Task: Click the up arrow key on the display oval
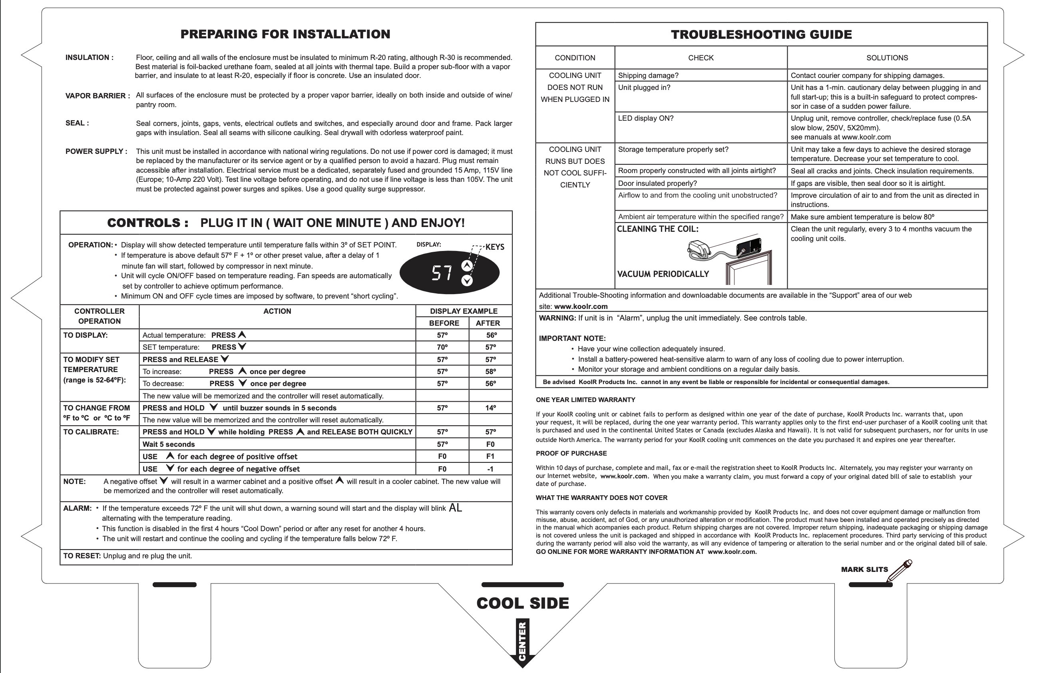coord(467,266)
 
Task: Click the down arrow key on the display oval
coord(467,280)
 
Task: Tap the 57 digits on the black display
coord(442,273)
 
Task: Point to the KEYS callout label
coord(495,247)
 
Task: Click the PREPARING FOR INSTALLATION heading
coord(285,34)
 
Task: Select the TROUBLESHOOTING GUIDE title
coord(761,34)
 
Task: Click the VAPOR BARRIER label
coord(98,96)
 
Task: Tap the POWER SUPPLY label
coord(96,151)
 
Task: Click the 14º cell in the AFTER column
coord(490,408)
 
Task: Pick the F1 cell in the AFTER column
coord(490,456)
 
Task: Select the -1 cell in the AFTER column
coord(490,469)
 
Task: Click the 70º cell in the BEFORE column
coord(442,347)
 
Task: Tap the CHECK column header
coord(701,58)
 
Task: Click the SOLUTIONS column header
coord(887,58)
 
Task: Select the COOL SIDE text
coord(523,603)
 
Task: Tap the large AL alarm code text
coord(455,508)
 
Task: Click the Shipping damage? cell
coord(648,76)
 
